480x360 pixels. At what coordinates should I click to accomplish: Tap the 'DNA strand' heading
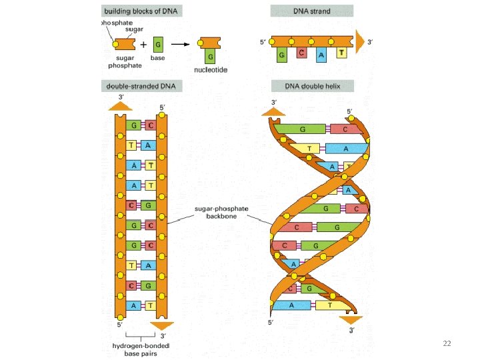[311, 11]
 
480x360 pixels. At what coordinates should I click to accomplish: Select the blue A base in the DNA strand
[321, 56]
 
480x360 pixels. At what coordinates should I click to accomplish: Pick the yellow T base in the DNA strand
[341, 54]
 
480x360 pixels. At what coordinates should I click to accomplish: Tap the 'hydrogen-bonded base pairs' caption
[141, 349]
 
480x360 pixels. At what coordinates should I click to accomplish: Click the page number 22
[447, 343]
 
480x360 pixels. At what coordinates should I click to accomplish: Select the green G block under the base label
[158, 45]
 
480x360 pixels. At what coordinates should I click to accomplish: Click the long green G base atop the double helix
[303, 129]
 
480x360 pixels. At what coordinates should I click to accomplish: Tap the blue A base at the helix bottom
[291, 305]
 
